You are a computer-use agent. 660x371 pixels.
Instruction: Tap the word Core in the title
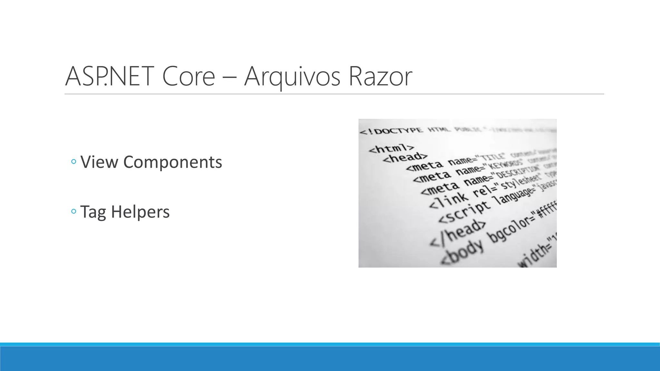pos(189,76)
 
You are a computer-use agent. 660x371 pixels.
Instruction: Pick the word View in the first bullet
pos(99,162)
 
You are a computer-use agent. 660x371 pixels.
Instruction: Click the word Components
pos(172,162)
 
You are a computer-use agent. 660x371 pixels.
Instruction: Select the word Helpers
pos(140,212)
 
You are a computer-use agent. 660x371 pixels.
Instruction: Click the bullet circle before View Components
pos(73,162)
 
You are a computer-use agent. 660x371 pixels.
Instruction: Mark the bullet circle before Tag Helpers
pos(73,212)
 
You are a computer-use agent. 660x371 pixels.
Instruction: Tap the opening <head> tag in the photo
pos(405,157)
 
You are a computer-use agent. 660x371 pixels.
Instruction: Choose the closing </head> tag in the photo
pos(458,233)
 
